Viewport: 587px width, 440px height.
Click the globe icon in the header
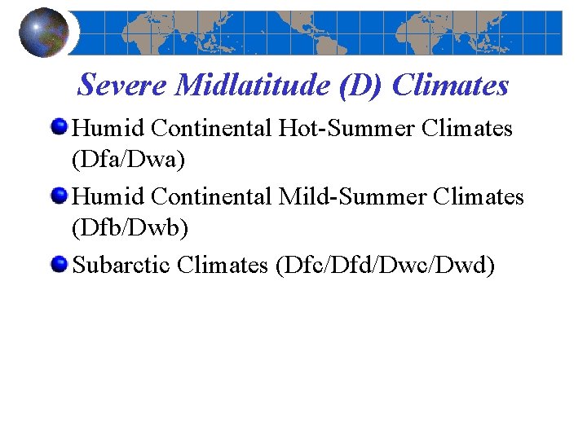coord(43,33)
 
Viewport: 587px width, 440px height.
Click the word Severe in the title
coord(122,84)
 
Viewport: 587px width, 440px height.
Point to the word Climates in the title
coord(451,84)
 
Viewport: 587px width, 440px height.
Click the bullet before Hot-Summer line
coord(60,128)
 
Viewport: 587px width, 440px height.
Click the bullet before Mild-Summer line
coord(60,196)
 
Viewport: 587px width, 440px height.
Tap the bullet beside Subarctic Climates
coord(60,265)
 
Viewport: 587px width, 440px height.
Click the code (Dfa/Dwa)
coord(129,160)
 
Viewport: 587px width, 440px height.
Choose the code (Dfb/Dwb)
coord(130,228)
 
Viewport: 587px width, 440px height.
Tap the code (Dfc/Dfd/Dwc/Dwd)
coord(386,266)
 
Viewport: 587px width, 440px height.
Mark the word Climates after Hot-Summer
coord(466,129)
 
